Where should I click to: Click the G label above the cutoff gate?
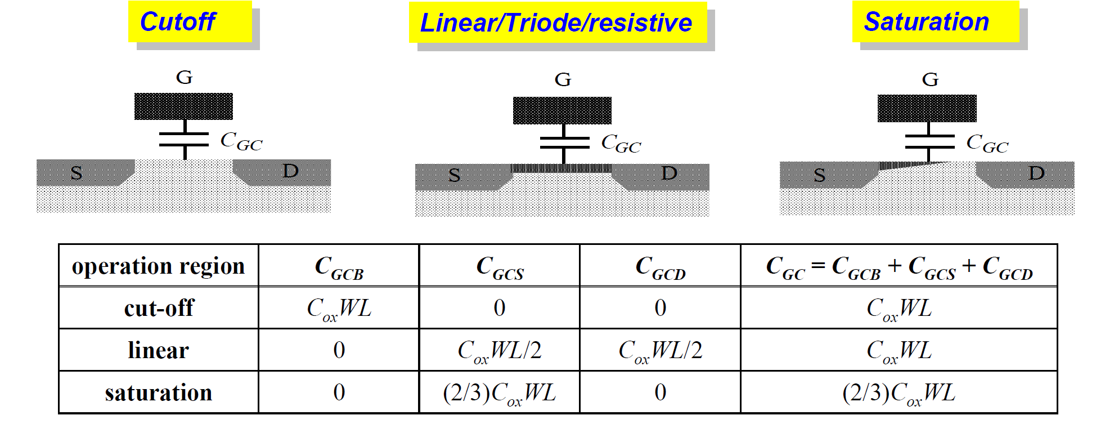[184, 77]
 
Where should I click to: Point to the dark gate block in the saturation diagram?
[927, 109]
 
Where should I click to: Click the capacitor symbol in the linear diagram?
[564, 143]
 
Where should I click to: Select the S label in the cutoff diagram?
[77, 173]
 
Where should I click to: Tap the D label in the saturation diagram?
[1036, 173]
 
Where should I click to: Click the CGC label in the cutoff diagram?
[241, 141]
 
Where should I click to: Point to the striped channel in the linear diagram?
[561, 168]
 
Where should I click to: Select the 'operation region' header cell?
[159, 266]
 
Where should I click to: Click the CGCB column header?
[339, 266]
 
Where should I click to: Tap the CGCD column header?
[660, 266]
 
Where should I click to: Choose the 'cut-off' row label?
[159, 308]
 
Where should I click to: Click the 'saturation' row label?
[159, 392]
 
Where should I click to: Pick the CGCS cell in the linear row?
[499, 350]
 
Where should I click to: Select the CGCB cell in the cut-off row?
[339, 308]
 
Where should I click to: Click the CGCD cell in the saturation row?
[660, 392]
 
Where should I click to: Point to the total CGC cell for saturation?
[899, 392]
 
